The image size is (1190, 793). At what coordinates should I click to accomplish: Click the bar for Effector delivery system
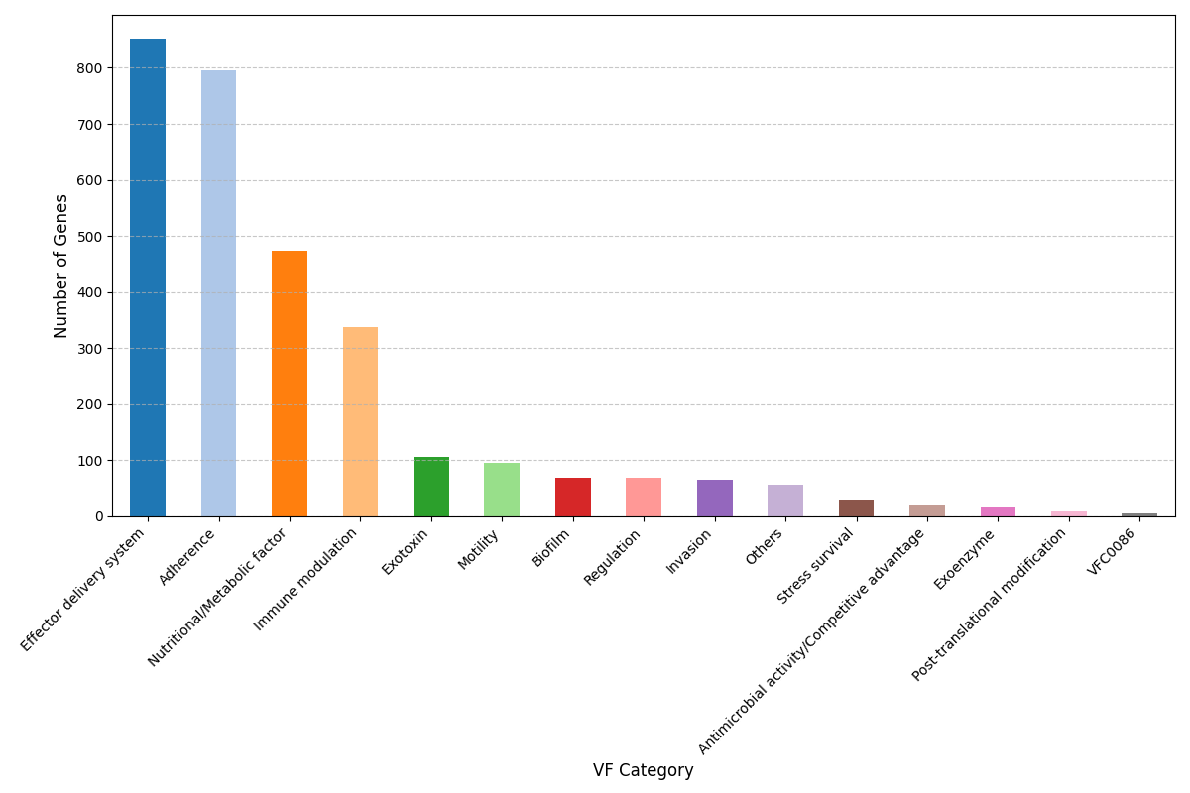[x=148, y=278]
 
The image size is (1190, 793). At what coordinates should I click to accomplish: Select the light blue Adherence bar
[x=218, y=293]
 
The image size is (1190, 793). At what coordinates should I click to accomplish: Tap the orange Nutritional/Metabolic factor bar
[x=290, y=384]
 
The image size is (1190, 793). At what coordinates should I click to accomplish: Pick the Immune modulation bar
[x=360, y=421]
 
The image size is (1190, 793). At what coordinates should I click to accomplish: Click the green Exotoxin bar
[x=431, y=487]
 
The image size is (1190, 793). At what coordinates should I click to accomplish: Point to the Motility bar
[x=502, y=490]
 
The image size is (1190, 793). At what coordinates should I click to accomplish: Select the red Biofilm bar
[x=573, y=498]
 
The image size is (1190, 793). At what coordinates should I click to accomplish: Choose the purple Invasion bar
[x=715, y=499]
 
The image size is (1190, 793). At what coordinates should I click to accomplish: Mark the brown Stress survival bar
[x=856, y=508]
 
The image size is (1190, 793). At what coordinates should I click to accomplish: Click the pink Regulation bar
[x=644, y=498]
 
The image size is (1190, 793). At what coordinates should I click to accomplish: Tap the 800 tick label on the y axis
[x=89, y=68]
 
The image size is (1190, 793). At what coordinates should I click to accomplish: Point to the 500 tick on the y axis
[x=89, y=237]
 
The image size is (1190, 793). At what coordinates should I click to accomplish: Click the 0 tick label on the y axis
[x=97, y=516]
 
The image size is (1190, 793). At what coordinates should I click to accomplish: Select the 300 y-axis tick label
[x=89, y=349]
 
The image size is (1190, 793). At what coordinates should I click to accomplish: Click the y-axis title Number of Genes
[x=61, y=266]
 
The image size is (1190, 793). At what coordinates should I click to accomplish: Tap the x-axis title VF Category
[x=643, y=770]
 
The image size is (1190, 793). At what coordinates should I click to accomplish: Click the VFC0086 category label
[x=1113, y=551]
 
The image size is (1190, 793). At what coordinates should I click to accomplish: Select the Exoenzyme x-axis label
[x=965, y=559]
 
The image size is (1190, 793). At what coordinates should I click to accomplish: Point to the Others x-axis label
[x=765, y=547]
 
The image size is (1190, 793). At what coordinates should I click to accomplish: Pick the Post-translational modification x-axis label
[x=990, y=604]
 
